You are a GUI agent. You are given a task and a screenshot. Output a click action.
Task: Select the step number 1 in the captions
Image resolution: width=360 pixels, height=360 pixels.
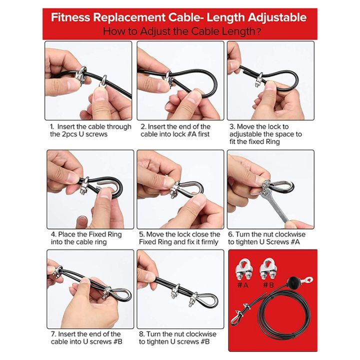coord(51,127)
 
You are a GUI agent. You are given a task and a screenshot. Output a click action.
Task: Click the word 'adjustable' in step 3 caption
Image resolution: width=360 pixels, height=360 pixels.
coord(248,134)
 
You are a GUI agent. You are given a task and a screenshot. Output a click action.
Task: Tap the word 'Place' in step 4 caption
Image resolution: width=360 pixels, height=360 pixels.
coord(68,234)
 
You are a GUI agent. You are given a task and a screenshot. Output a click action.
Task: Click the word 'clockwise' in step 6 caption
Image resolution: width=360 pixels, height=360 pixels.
coord(286,234)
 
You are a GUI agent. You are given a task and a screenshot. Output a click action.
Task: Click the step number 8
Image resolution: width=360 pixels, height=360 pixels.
coord(141,334)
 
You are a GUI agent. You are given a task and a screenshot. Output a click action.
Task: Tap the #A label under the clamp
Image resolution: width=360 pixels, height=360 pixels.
coord(242,285)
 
